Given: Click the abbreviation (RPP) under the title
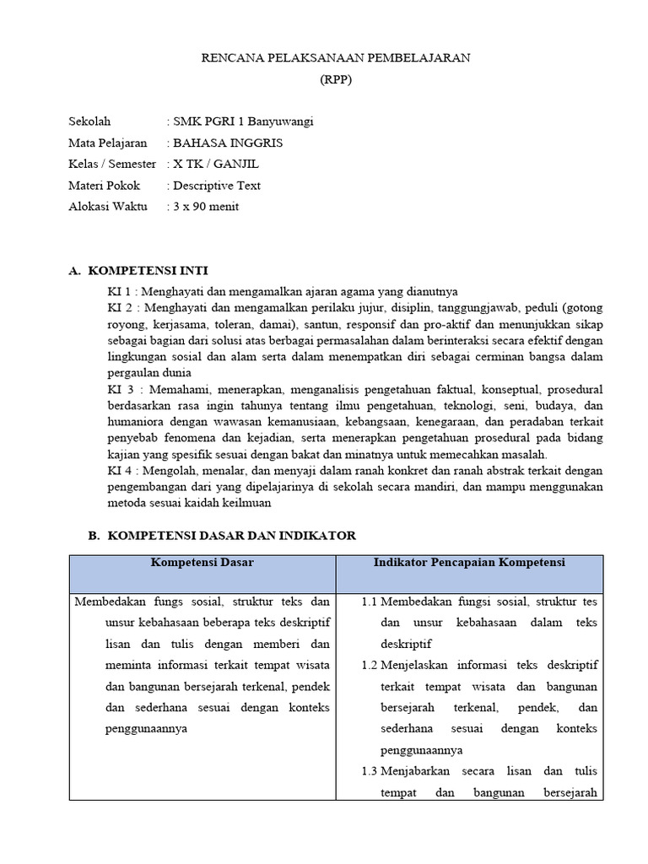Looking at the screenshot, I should (x=336, y=80).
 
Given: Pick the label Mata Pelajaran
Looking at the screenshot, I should (x=107, y=143).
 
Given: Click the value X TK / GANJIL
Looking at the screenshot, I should (x=214, y=164).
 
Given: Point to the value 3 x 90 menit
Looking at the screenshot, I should (x=205, y=206).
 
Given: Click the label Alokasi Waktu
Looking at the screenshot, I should (x=107, y=206).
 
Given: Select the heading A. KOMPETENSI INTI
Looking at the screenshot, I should (x=137, y=271).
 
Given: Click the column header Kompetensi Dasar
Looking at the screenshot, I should (x=202, y=562).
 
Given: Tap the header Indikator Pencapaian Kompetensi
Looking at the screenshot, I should (x=469, y=562).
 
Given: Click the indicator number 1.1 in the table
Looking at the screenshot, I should (x=369, y=602).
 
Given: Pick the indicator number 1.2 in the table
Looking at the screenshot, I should (x=369, y=665).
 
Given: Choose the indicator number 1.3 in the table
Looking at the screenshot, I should (x=369, y=770).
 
